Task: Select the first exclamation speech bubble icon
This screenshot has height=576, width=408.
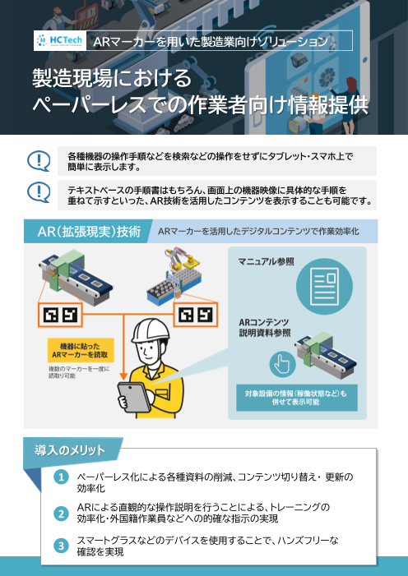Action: [38, 159]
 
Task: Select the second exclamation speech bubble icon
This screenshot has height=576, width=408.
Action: [38, 193]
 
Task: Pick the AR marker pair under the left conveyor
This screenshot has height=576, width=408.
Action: [60, 314]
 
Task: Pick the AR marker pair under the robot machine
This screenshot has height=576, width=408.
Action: [195, 314]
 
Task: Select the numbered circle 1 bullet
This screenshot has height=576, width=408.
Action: [61, 477]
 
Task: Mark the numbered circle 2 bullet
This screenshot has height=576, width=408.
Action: [61, 513]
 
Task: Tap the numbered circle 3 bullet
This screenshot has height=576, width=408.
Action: [61, 546]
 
